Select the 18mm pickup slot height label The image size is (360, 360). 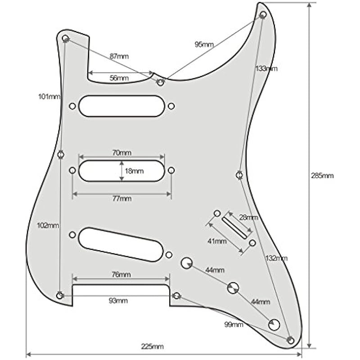pos(135,171)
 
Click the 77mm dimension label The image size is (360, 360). pos(122,198)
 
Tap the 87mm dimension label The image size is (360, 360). pos(119,56)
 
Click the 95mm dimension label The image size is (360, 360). pos(204,45)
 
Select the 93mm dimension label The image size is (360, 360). pos(118,301)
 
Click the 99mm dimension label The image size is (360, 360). pos(234,324)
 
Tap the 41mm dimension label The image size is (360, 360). pos(217,241)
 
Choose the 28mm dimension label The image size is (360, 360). pos(248,217)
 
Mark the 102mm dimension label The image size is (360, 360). pos(48,225)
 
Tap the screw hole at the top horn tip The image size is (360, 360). pos(264,15)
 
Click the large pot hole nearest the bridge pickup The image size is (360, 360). pos(187,263)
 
